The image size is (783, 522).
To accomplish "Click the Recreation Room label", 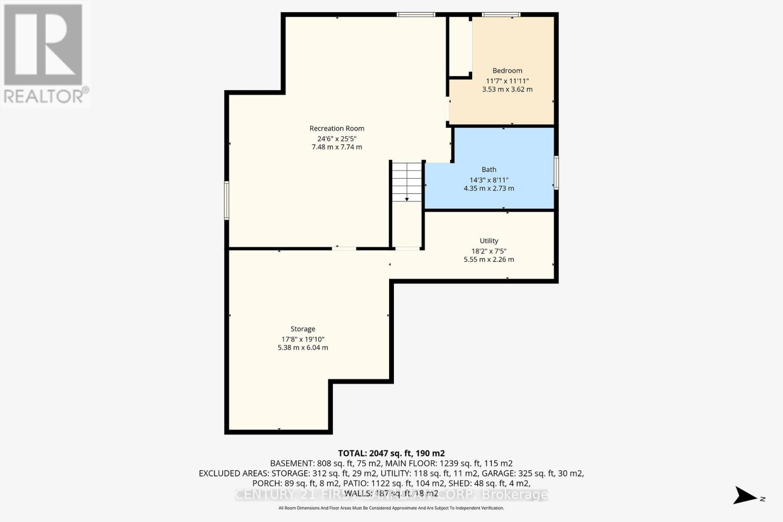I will tap(337, 128).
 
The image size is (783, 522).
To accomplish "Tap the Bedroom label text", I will tap(507, 70).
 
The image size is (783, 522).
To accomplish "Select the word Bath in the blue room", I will tap(489, 169).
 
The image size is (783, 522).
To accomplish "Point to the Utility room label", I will tap(489, 241).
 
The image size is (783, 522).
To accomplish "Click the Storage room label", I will tap(302, 329).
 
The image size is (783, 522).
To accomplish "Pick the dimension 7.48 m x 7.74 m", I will tap(337, 147).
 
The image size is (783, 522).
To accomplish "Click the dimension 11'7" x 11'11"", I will tap(507, 81).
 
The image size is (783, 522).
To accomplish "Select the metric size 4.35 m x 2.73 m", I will tap(489, 188).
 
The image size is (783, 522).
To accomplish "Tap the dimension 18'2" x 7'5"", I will tap(489, 251).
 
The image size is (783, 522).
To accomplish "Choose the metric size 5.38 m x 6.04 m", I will tap(302, 347).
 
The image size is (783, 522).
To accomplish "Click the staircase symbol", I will tap(407, 182).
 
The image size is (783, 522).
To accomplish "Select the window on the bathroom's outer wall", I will tap(556, 173).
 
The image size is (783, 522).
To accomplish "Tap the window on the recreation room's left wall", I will tap(227, 200).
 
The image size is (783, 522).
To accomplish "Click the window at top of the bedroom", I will tap(501, 15).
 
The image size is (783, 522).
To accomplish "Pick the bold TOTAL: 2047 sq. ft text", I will tap(391, 454).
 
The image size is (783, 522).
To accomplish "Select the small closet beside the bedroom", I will tap(460, 46).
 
